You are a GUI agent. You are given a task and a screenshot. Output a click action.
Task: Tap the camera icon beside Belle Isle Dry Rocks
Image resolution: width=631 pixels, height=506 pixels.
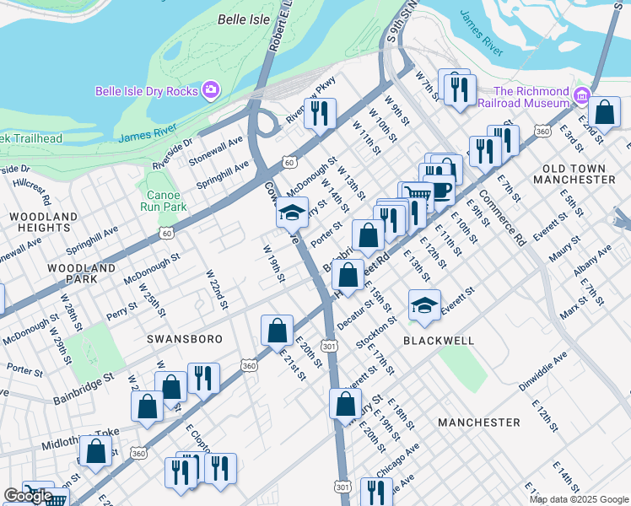(211, 90)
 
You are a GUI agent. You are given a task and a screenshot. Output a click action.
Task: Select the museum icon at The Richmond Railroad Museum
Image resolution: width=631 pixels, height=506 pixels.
(581, 96)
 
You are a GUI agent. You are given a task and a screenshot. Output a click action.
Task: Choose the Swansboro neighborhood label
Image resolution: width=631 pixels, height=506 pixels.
(185, 339)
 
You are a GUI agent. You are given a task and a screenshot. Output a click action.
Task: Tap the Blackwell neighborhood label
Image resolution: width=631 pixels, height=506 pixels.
(438, 340)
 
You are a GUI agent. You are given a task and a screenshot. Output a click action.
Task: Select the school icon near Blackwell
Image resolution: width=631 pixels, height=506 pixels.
(424, 306)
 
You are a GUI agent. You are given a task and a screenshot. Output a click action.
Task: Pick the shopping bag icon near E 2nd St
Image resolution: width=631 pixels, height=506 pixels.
(605, 110)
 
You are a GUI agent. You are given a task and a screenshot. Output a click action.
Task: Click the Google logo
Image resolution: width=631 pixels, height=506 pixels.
(28, 496)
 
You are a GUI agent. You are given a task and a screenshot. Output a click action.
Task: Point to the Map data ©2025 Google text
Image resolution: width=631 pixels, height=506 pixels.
(579, 499)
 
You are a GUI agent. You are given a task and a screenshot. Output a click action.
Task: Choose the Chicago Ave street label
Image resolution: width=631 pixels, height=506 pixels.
(400, 458)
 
